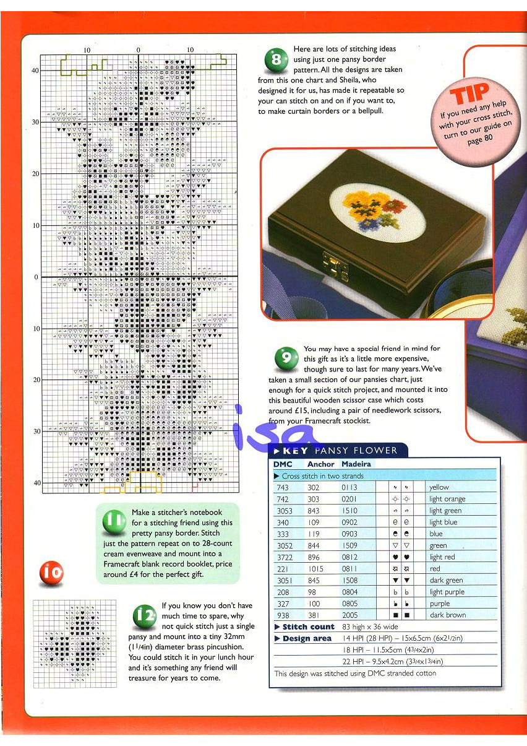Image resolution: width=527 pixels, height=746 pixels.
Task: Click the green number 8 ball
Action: pos(276,60)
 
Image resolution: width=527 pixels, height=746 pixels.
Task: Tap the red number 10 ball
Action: pos(51,573)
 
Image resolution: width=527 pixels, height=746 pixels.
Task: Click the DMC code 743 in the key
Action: pos(283,488)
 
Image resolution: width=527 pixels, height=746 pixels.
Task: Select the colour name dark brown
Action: pos(447,615)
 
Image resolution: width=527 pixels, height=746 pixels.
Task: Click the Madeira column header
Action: pos(356,464)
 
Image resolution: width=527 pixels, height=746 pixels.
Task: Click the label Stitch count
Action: pos(308,627)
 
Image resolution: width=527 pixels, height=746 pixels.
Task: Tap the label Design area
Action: pos(307,638)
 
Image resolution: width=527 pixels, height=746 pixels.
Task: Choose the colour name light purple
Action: pos(447,592)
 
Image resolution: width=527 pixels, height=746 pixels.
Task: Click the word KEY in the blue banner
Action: pos(295,451)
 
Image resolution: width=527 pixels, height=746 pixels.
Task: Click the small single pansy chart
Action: pos(75,644)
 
